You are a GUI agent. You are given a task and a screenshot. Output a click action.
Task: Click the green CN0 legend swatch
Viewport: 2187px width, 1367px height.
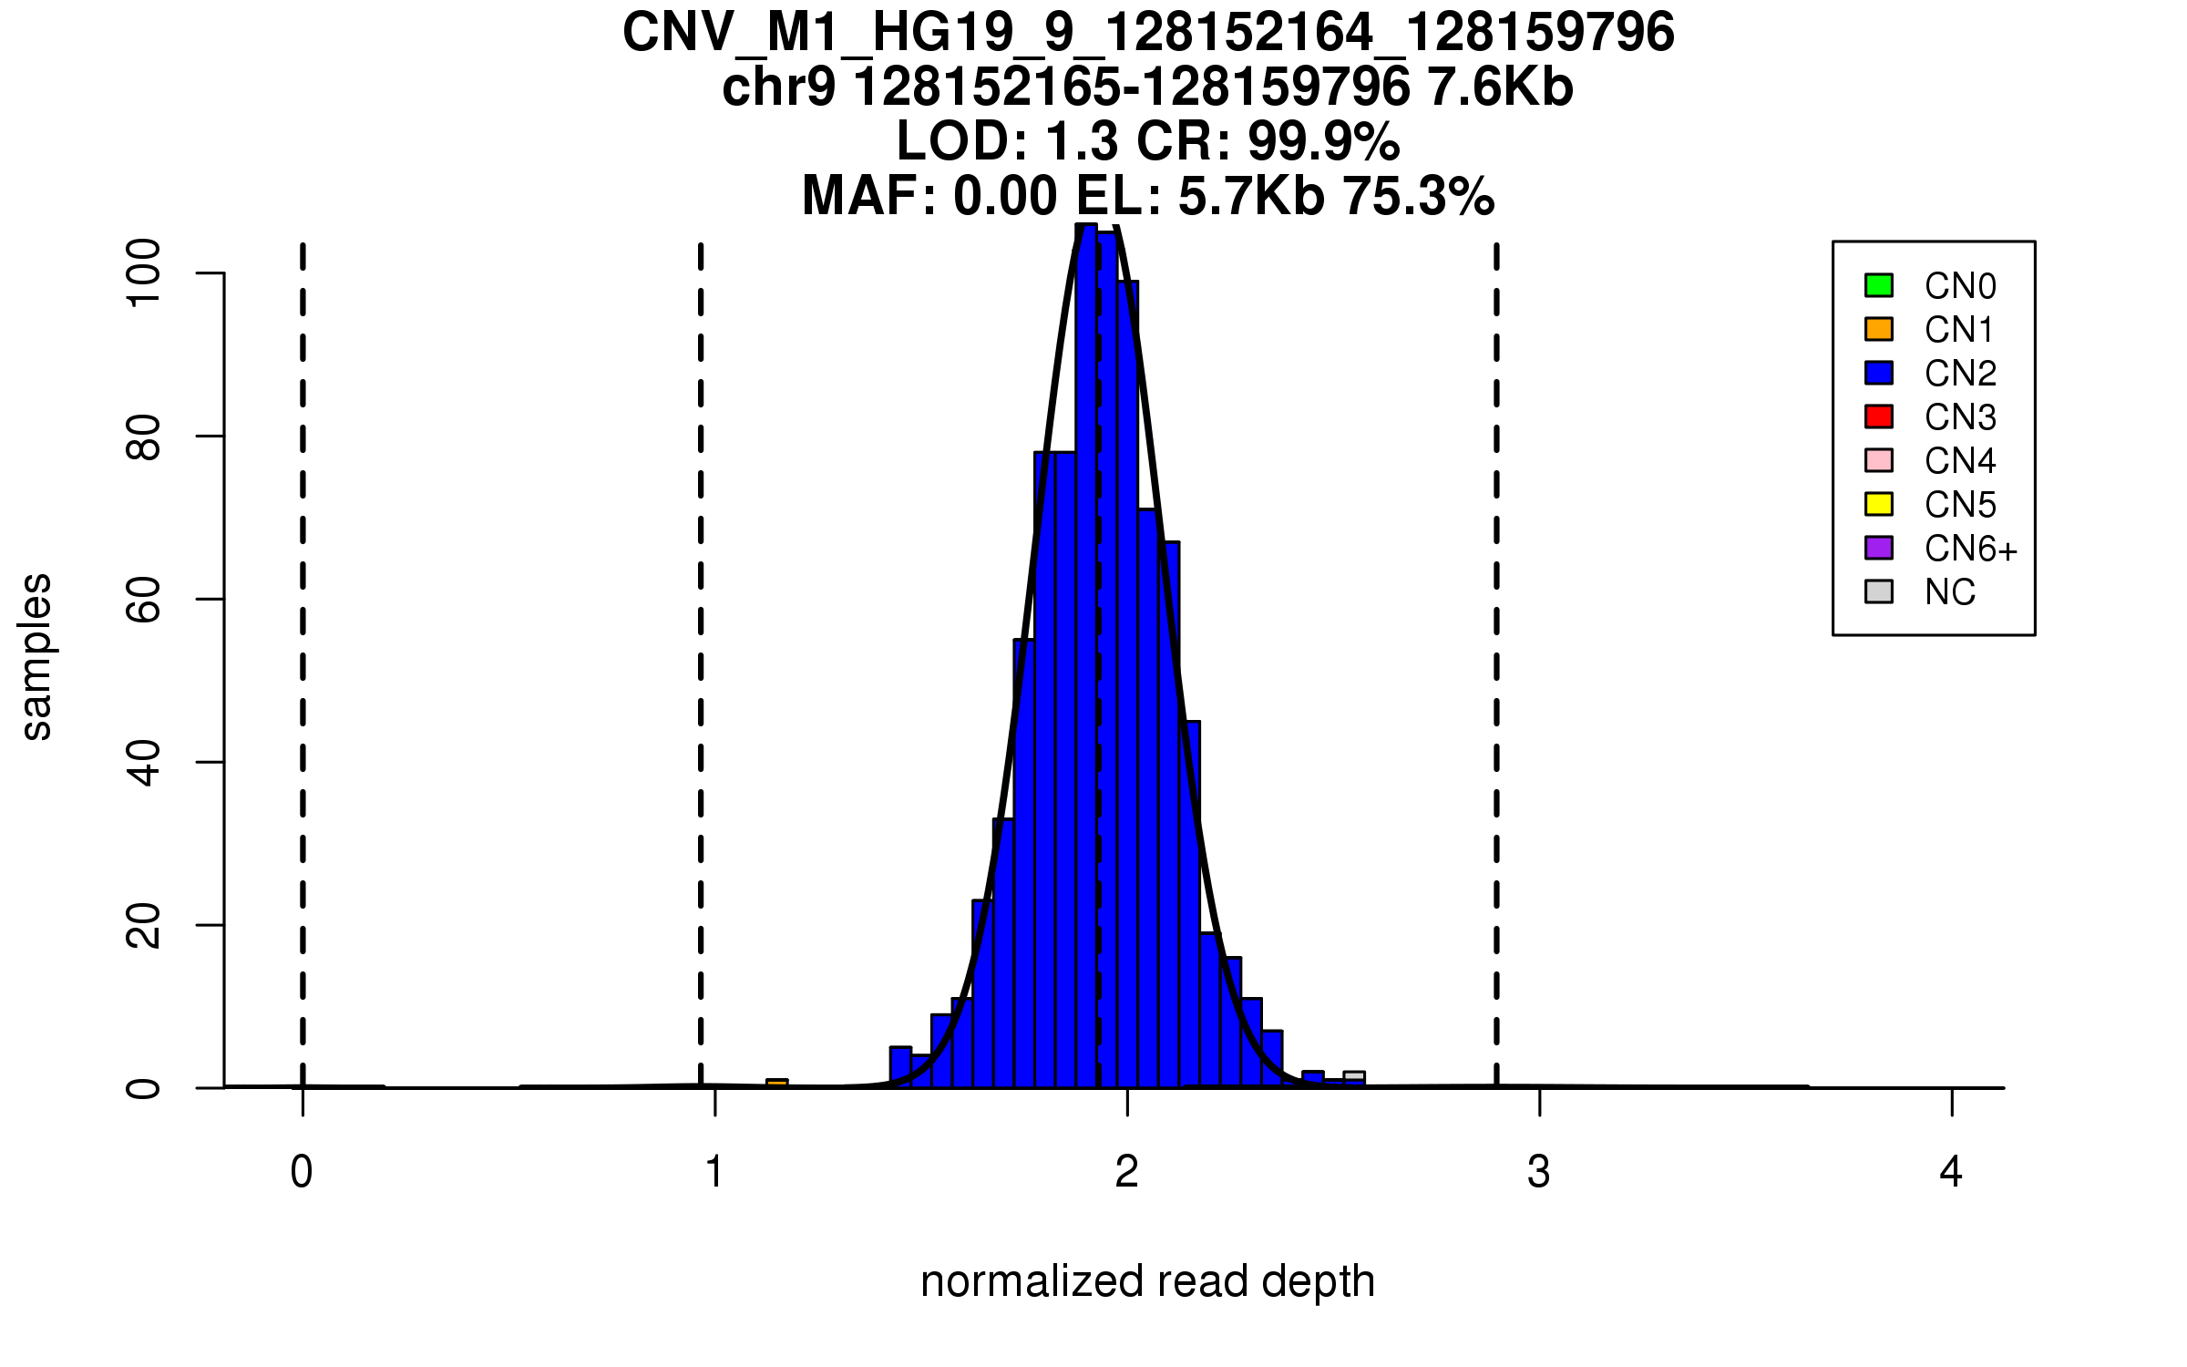pyautogui.click(x=1879, y=285)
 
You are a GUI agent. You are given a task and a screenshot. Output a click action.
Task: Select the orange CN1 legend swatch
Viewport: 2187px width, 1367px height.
pyautogui.click(x=1879, y=329)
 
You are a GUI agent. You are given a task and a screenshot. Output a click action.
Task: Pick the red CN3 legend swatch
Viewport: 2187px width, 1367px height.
pyautogui.click(x=1879, y=416)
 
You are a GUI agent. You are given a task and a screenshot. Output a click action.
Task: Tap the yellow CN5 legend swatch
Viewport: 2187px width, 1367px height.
pyautogui.click(x=1879, y=504)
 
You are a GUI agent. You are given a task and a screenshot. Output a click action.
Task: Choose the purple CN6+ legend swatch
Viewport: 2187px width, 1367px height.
pyautogui.click(x=1879, y=548)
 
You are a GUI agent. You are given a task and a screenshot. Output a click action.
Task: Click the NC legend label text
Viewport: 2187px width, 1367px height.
pyautogui.click(x=1949, y=592)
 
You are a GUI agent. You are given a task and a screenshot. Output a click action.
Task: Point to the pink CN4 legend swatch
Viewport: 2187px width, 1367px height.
pyautogui.click(x=1879, y=460)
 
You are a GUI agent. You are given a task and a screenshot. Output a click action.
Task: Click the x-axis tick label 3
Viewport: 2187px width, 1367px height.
pyautogui.click(x=1539, y=1172)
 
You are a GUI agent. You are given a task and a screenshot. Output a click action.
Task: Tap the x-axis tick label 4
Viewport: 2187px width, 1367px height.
pyautogui.click(x=1951, y=1172)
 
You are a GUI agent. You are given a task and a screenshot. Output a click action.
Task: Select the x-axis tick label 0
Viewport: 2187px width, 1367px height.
pyautogui.click(x=302, y=1172)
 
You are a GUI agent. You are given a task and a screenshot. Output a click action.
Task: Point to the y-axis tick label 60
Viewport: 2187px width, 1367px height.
pyautogui.click(x=144, y=600)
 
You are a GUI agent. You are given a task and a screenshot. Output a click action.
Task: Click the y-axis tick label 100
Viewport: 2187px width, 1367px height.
pyautogui.click(x=144, y=272)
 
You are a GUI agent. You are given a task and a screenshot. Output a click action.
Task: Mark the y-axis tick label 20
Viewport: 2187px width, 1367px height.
pyautogui.click(x=144, y=926)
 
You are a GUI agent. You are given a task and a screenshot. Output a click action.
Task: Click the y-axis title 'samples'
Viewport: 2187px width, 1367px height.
pyautogui.click(x=36, y=656)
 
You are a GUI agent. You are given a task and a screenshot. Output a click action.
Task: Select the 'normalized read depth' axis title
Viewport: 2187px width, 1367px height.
pyautogui.click(x=1147, y=1281)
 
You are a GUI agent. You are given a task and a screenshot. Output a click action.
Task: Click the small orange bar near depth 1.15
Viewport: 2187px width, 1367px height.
pyautogui.click(x=777, y=1084)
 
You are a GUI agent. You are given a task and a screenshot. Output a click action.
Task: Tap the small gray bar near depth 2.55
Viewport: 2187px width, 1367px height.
pyautogui.click(x=1354, y=1076)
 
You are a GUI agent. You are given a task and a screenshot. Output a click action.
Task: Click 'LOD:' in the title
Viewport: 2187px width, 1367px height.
pyautogui.click(x=962, y=141)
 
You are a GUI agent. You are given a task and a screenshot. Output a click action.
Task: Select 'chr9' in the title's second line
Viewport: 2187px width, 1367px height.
pyautogui.click(x=778, y=87)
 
